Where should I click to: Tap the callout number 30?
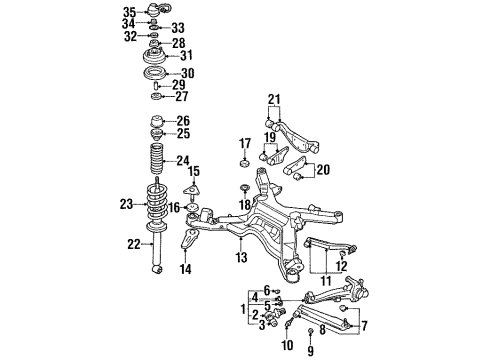pyautogui.click(x=188, y=73)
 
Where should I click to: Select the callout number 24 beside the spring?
pyautogui.click(x=182, y=160)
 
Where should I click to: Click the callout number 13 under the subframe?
pyautogui.click(x=240, y=258)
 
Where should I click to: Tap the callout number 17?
pyautogui.click(x=244, y=142)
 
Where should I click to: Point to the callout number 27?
pyautogui.click(x=182, y=97)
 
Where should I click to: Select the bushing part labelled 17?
pyautogui.click(x=243, y=163)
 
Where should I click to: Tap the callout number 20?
pyautogui.click(x=322, y=169)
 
